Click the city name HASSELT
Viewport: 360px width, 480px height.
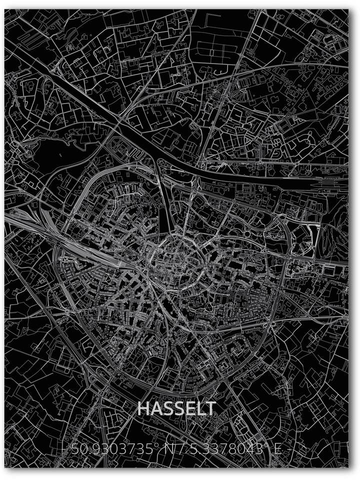click(176, 408)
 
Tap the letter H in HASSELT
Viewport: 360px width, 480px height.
click(143, 408)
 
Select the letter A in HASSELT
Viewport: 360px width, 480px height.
click(156, 408)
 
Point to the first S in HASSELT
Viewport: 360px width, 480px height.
click(167, 408)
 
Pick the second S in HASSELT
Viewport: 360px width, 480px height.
click(178, 408)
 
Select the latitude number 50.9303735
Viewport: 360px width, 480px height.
click(111, 449)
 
